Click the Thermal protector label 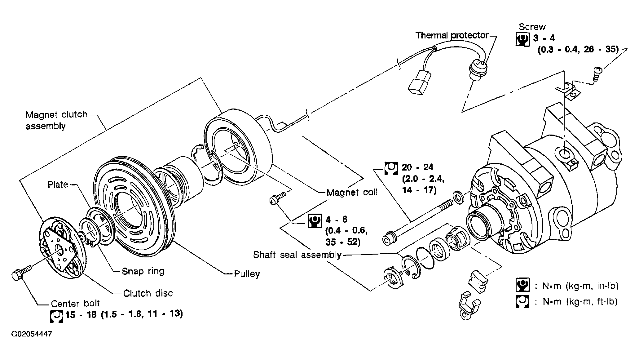coord(452,35)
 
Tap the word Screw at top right coord(532,27)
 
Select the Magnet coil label coord(352,192)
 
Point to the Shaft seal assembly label coord(297,255)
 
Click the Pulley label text coord(247,274)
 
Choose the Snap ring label coord(143,271)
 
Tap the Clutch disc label coord(148,293)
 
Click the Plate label coord(58,184)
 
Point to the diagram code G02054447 coord(32,334)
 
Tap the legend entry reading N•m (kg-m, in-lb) coord(580,286)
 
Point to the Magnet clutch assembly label coord(56,120)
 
